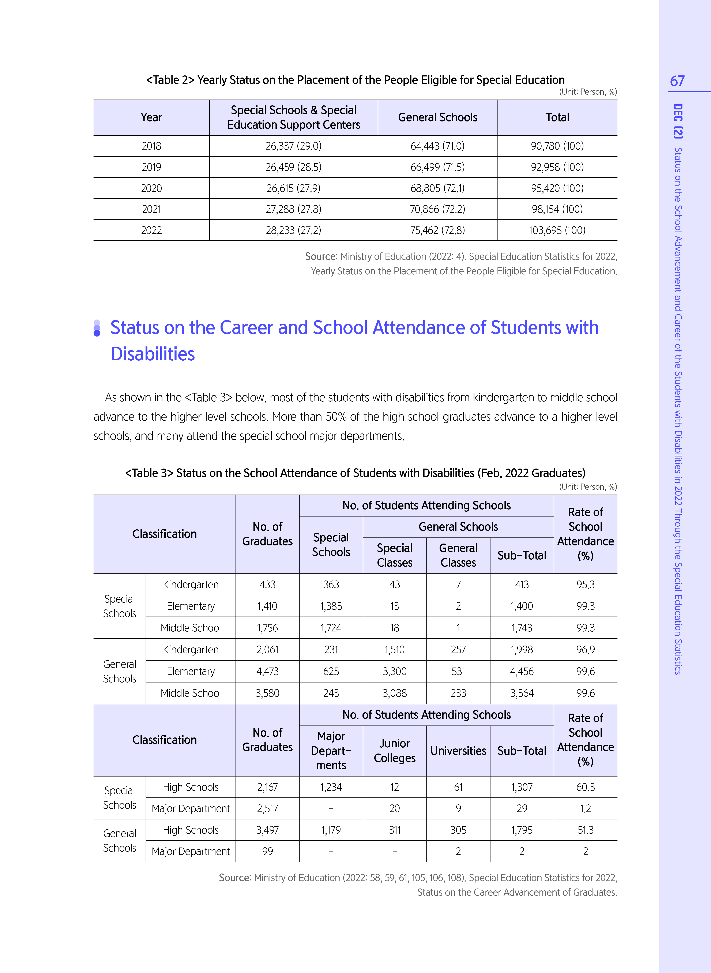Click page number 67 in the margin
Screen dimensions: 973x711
677,81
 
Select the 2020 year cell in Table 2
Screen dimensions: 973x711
151,188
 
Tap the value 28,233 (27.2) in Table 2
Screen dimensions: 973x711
294,230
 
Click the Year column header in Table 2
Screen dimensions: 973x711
151,117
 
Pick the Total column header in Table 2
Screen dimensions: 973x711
557,117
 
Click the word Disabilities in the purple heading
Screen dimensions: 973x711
153,354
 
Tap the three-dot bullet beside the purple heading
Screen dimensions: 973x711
97,328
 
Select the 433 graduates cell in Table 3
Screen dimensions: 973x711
267,584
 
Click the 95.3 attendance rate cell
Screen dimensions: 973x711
585,584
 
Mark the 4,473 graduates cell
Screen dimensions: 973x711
267,671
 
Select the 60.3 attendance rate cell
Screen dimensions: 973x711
585,787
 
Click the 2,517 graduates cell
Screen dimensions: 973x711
267,809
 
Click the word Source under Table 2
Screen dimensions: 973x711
321,256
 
